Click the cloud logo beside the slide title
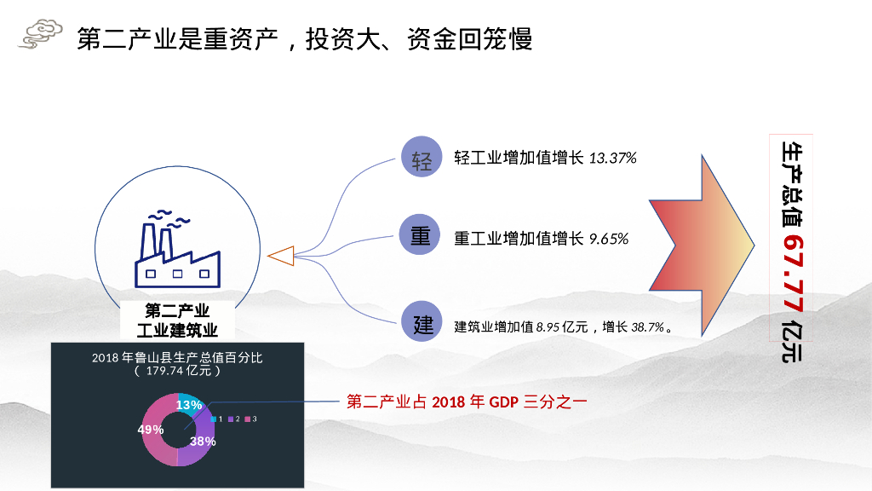41,35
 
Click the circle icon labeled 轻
422,159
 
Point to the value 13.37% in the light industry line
612,159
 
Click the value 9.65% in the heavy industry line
609,240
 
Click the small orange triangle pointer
280,255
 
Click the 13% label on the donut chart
189,405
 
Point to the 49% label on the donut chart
151,430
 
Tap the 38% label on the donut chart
203,442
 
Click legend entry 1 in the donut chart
216,419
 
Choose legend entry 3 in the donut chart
251,419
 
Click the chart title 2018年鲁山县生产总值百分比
177,357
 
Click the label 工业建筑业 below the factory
177,330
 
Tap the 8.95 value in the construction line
548,326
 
